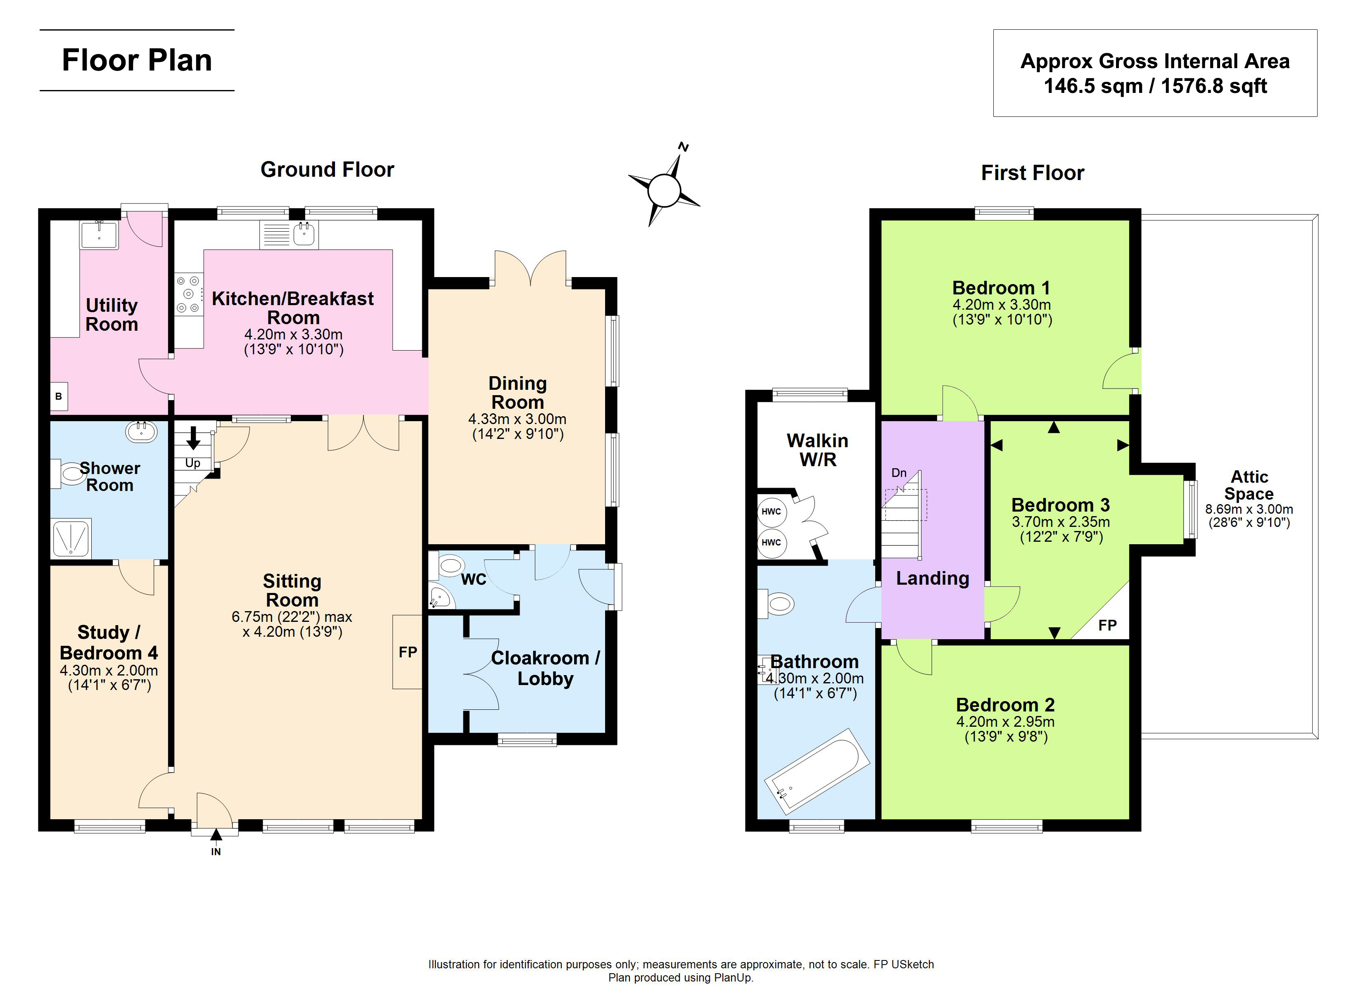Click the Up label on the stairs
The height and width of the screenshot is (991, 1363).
click(192, 463)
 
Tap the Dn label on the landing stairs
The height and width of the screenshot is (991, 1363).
click(899, 473)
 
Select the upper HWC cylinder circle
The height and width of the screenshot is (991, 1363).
click(771, 512)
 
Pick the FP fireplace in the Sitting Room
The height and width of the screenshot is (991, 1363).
click(408, 652)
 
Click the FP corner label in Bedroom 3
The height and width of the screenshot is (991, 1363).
click(1107, 625)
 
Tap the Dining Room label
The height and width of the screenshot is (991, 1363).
click(518, 392)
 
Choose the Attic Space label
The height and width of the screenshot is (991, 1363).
click(1249, 485)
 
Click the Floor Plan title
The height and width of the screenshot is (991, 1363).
click(137, 60)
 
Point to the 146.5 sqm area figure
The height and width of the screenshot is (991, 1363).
click(1093, 86)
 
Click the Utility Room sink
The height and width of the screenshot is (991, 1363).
click(99, 235)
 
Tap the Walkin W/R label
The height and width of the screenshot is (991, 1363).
click(817, 450)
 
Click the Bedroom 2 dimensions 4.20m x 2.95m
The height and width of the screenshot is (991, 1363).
click(1005, 721)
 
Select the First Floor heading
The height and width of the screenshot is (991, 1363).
click(1033, 173)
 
